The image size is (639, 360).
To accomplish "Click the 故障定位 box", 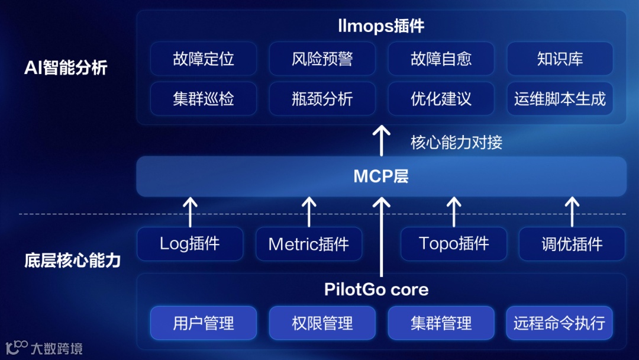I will point(204,59).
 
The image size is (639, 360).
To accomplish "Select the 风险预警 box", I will point(322,59).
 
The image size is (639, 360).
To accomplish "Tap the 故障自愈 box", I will point(441,59).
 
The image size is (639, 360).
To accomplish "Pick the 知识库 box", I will point(560,59).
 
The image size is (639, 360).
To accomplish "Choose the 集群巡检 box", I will point(204,98).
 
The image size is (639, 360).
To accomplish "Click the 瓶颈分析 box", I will point(322,98).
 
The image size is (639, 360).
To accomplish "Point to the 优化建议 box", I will point(441,98).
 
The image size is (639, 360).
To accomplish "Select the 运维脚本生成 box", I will point(560,98).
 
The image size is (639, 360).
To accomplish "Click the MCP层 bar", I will point(381,176).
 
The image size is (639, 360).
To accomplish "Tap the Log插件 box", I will point(190,243).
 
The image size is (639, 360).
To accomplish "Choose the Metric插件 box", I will point(309,244).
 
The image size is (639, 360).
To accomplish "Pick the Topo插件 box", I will point(454,243).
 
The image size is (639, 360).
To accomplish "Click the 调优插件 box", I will point(572,244).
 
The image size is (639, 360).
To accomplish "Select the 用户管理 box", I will point(204,323).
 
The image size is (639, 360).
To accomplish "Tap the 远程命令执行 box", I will point(560,323).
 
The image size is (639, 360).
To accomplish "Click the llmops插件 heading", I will point(381,27).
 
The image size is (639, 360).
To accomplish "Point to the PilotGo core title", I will point(376,290).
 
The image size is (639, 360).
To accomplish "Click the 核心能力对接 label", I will point(457,142).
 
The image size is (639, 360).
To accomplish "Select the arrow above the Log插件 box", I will point(190,212).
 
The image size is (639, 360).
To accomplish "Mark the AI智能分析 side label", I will point(66,67).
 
